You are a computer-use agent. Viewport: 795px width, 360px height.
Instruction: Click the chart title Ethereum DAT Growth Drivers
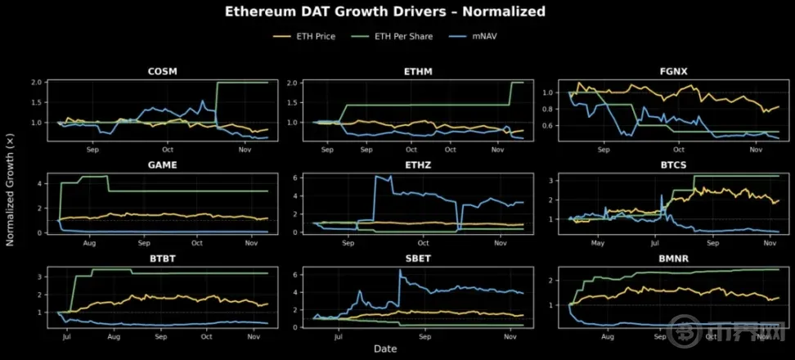click(384, 12)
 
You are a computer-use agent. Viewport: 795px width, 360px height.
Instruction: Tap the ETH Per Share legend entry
click(401, 36)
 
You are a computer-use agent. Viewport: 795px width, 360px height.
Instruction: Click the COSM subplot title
click(164, 71)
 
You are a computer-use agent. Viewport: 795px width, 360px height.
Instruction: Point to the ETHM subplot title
click(418, 71)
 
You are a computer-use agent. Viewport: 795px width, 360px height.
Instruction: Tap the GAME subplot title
click(164, 164)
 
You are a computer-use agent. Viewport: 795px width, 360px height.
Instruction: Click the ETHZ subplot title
click(418, 164)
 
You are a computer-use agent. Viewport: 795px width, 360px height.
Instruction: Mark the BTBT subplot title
click(164, 258)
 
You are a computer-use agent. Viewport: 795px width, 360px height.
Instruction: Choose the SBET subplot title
click(418, 258)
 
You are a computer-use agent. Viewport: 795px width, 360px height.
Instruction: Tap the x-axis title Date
click(385, 349)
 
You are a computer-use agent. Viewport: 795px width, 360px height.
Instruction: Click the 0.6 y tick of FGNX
click(547, 124)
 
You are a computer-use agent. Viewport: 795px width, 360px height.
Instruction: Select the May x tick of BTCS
click(598, 244)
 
